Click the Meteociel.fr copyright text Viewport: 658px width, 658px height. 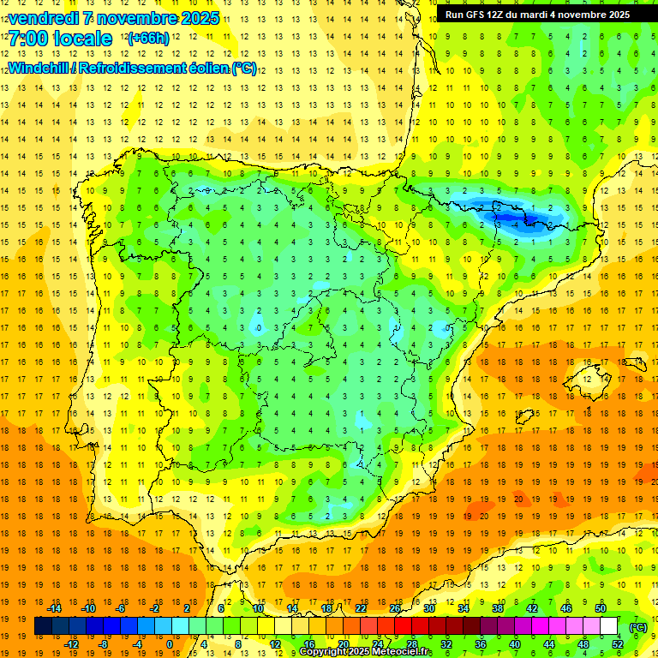coord(365,652)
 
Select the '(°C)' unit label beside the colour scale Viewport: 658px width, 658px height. coord(637,626)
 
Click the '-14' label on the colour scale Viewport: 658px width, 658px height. coord(55,608)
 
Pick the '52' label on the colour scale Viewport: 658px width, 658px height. coord(618,644)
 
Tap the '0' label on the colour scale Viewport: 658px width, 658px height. coord(169,644)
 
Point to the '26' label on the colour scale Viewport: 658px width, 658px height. coord(395,608)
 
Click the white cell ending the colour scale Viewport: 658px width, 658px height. coord(609,626)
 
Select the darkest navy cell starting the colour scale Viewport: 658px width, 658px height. coord(43,626)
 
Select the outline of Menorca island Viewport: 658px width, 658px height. coord(636,362)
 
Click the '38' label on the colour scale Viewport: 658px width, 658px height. coord(498,608)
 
